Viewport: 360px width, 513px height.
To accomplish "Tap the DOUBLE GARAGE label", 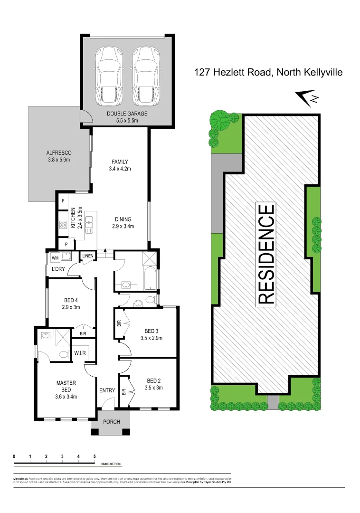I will point(127,114).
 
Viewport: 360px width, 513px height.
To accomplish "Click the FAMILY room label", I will point(120,161).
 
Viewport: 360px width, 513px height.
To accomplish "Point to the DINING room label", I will point(123,219).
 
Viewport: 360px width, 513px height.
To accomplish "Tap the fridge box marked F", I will point(63,201).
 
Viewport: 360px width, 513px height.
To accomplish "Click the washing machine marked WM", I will point(55,258).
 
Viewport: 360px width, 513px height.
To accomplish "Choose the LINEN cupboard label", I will point(88,256).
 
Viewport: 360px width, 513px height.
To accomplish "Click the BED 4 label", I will point(71,300).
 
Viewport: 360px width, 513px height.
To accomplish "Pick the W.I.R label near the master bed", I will point(80,353).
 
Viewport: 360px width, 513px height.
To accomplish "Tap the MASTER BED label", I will point(66,383).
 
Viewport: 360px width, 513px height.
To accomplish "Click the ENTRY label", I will point(107,390).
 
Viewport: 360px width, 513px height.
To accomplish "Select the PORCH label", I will point(111,422).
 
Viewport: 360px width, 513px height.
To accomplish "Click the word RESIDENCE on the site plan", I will point(266,254).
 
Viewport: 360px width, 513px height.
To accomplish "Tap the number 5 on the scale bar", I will point(94,456).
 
